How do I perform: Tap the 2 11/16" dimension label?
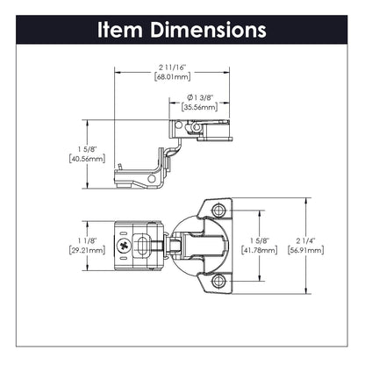pyautogui.click(x=168, y=67)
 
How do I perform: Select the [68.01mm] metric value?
pyautogui.click(x=168, y=77)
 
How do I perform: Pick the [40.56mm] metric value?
pyautogui.click(x=86, y=160)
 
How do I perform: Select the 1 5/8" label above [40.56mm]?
pyautogui.click(x=86, y=149)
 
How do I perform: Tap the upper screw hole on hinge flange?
pyautogui.click(x=218, y=211)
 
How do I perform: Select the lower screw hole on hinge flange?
pyautogui.click(x=218, y=280)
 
